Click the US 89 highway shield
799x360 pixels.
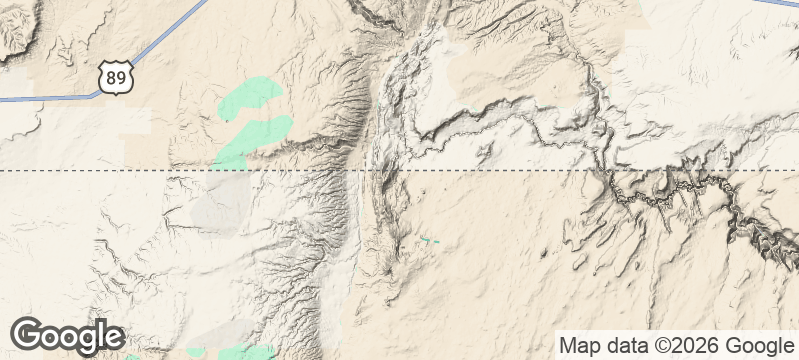(115, 75)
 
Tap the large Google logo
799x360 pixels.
(67, 336)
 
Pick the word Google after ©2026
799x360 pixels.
(754, 346)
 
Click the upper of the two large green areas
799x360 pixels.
(250, 96)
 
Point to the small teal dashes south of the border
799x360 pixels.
(429, 240)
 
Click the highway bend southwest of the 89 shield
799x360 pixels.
(97, 94)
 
